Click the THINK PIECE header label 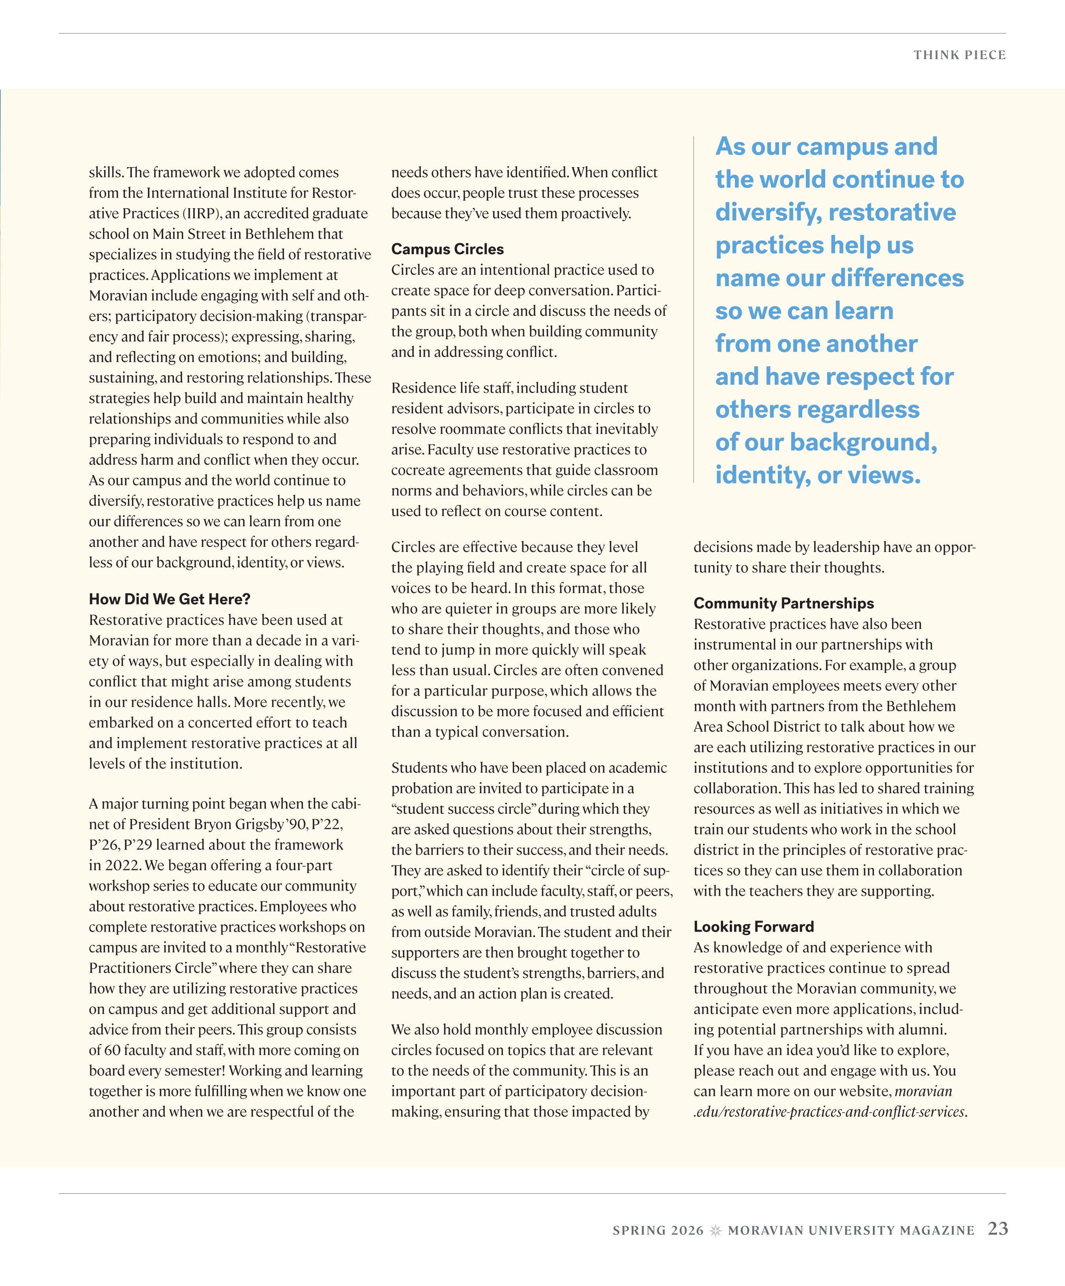point(959,55)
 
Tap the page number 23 point(998,1229)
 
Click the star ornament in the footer point(716,1230)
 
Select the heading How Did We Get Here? point(170,599)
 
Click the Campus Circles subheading point(447,249)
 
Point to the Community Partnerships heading point(783,603)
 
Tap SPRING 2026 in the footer point(658,1231)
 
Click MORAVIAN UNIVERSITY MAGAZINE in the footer point(850,1231)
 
